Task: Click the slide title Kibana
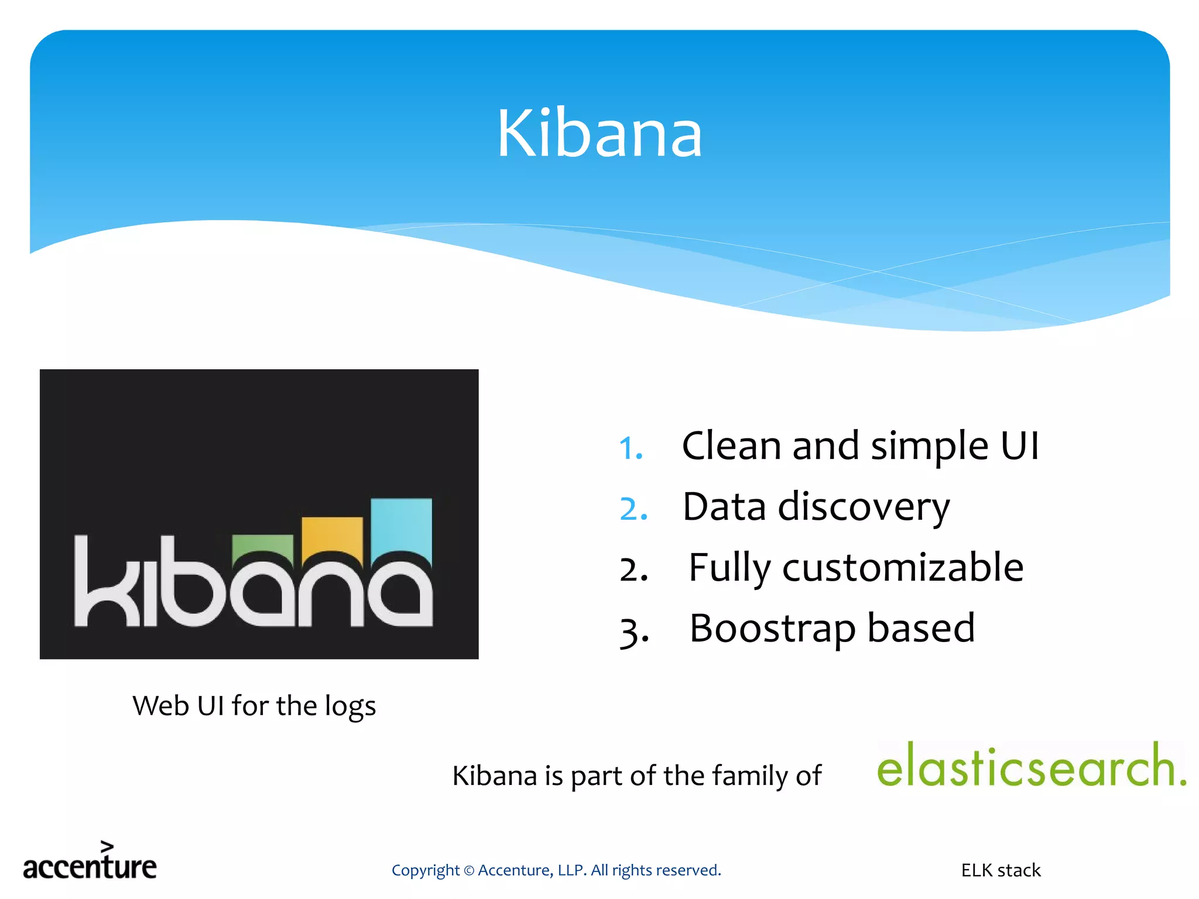pyautogui.click(x=599, y=135)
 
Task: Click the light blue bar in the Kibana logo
pyautogui.click(x=402, y=524)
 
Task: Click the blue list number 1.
pyautogui.click(x=631, y=448)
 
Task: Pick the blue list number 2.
pyautogui.click(x=633, y=509)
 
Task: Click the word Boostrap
pyautogui.click(x=772, y=629)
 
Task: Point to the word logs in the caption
pyautogui.click(x=350, y=706)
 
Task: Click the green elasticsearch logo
pyautogui.click(x=1030, y=767)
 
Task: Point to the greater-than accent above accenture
pyautogui.click(x=107, y=846)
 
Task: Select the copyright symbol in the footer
pyautogui.click(x=468, y=871)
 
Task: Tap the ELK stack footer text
pyautogui.click(x=1001, y=870)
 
